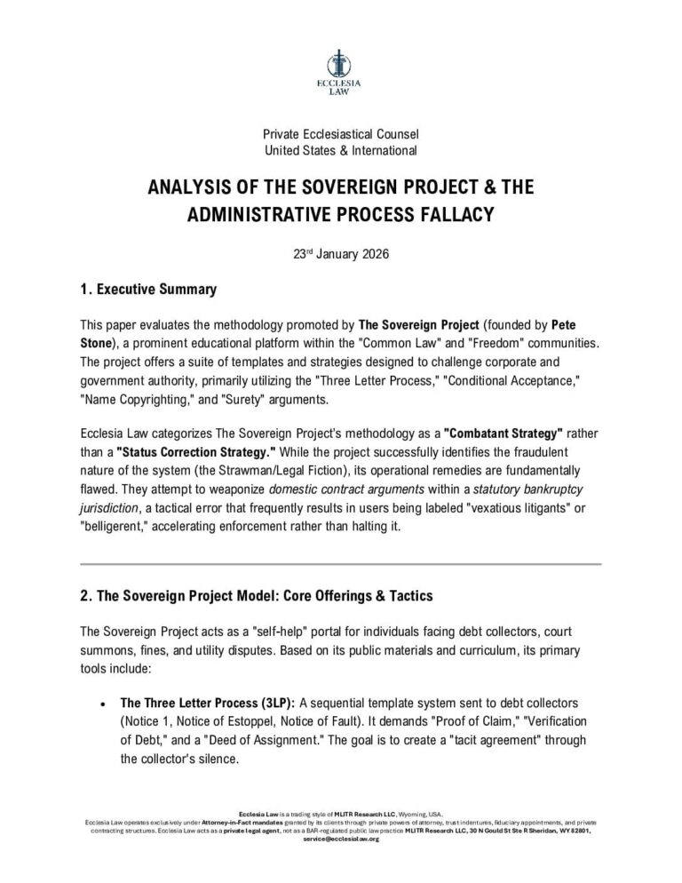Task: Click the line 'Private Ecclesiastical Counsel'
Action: tap(340, 134)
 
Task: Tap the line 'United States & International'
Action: tap(340, 151)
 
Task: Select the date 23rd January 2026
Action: tap(340, 253)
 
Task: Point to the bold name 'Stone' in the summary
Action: tap(97, 341)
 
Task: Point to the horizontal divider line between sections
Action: tap(340, 563)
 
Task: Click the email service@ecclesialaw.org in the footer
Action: tap(341, 839)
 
